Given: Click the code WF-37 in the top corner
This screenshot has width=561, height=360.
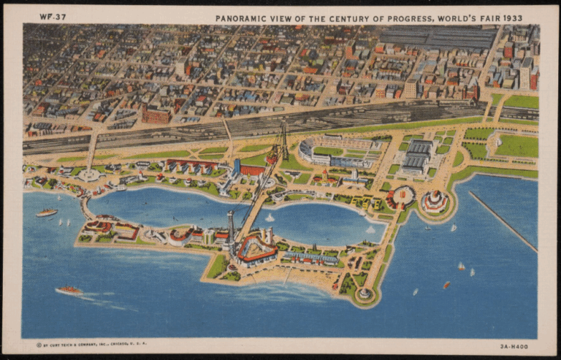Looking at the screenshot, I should (52, 16).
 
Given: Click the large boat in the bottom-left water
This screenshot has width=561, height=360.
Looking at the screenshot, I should (69, 291).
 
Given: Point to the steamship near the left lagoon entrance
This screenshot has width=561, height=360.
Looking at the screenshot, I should (47, 212).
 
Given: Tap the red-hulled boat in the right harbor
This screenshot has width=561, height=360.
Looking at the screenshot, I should (446, 286).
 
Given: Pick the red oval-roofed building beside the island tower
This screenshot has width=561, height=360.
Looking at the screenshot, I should (256, 250).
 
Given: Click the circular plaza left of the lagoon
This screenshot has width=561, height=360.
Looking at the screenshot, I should (89, 175).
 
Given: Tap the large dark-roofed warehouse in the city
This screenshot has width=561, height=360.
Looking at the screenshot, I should (437, 37).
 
